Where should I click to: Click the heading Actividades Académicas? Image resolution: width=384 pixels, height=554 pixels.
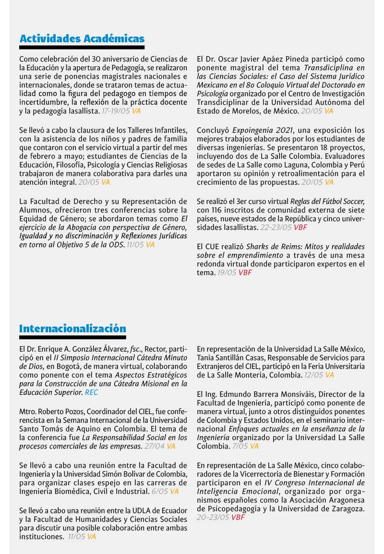(x=82, y=38)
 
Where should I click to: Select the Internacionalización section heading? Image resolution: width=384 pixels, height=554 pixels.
(x=72, y=328)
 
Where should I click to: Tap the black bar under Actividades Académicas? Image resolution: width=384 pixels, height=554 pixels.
(x=82, y=48)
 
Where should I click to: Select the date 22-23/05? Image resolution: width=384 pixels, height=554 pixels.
(x=276, y=227)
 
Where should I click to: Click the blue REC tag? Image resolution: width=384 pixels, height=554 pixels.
(x=91, y=393)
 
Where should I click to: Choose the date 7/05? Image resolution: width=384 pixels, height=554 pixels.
(x=239, y=446)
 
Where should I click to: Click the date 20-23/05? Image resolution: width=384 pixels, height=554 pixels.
(x=213, y=517)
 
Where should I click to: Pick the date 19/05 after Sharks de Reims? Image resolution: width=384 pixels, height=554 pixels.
(x=226, y=273)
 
